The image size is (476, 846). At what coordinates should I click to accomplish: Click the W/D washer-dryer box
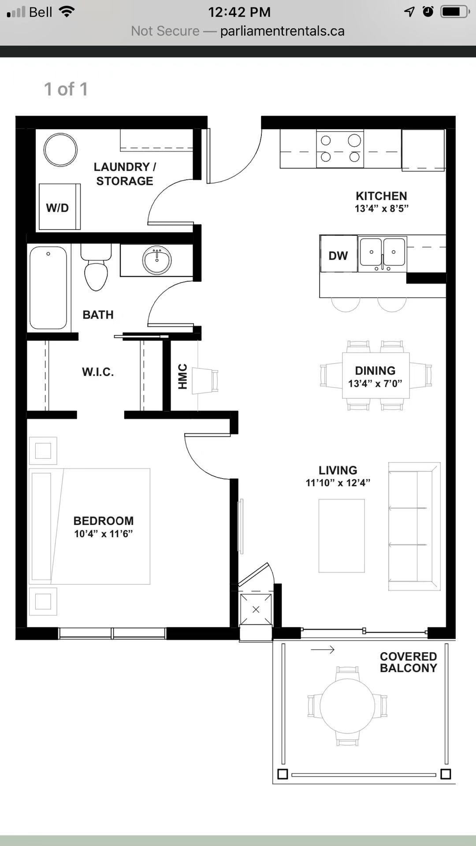pos(59,207)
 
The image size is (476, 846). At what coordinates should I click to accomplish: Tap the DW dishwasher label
pos(338,256)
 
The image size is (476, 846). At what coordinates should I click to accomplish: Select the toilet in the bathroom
pos(96,267)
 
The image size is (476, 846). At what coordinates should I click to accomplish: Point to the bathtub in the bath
pos(48,288)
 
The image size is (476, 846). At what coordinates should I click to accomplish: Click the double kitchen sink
pos(382,254)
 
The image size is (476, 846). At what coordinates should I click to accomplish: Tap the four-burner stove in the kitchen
pos(340,148)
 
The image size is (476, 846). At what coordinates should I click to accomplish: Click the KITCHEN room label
pos(381,196)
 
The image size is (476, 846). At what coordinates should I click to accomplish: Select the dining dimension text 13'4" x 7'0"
pos(375,383)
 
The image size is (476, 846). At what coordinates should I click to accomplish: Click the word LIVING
pos(338,470)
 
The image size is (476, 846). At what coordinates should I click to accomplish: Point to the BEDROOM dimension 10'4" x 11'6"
pos(104,534)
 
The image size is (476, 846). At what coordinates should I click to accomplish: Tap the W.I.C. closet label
pos(98,372)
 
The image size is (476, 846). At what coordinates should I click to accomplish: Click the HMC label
pos(183,377)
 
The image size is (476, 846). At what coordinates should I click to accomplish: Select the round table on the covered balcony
pos(347,706)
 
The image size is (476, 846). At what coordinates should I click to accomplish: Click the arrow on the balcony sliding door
pos(323,649)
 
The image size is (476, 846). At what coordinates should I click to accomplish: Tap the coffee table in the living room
pos(342,536)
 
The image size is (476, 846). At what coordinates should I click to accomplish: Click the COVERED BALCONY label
pos(409,662)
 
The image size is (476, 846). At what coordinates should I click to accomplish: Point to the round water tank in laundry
pos(60,150)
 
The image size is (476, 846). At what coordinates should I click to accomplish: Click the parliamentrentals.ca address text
pos(282,31)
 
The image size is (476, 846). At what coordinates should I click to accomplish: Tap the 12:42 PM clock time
pos(239,12)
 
